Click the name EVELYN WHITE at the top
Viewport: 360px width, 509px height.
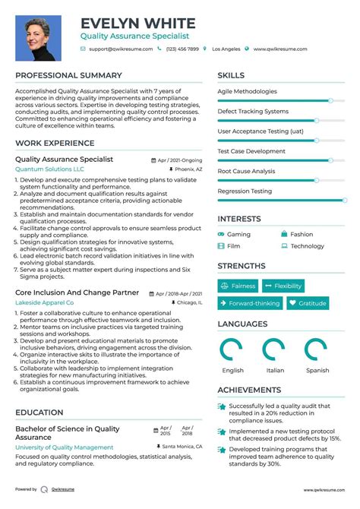[137, 24]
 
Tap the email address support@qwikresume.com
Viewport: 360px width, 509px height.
[120, 49]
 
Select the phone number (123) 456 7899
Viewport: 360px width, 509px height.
[182, 49]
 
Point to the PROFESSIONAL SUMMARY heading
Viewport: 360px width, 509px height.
[68, 76]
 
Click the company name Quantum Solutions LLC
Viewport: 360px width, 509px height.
[49, 169]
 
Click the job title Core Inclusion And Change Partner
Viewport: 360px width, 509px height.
[77, 292]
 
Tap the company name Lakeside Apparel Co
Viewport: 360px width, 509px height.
[44, 302]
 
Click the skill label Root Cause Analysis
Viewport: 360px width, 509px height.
[246, 171]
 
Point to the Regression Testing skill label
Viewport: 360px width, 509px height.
[245, 191]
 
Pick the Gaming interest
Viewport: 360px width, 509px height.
[238, 235]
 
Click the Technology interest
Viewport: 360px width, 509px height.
[307, 246]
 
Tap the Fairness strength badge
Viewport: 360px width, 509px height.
[238, 286]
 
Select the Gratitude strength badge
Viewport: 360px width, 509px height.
[308, 303]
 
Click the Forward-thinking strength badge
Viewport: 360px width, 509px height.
[248, 303]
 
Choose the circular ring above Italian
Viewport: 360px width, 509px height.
[275, 350]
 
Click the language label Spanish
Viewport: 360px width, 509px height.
[317, 371]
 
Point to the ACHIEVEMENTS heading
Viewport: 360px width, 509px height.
[250, 390]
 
